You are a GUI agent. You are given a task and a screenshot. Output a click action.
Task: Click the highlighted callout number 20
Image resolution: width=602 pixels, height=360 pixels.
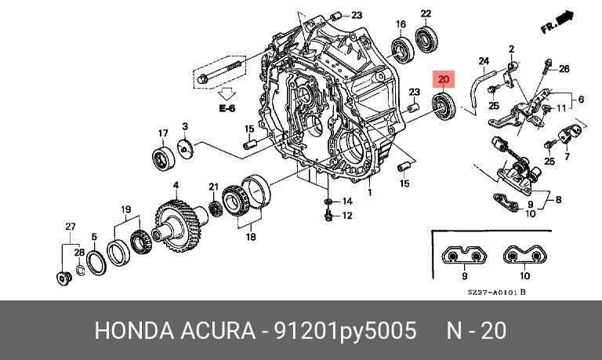pyautogui.click(x=444, y=78)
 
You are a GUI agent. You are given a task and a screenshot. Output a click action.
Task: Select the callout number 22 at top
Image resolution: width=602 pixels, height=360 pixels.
pyautogui.click(x=426, y=13)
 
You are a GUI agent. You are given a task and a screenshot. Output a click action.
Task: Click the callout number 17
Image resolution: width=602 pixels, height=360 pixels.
pyautogui.click(x=164, y=133)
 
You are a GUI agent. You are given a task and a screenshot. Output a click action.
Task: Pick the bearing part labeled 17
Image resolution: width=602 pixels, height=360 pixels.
pyautogui.click(x=164, y=157)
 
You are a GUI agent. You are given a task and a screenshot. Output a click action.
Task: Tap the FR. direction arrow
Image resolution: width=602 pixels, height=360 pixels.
pyautogui.click(x=557, y=22)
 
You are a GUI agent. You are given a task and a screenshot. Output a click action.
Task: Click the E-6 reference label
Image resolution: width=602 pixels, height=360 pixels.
pyautogui.click(x=227, y=108)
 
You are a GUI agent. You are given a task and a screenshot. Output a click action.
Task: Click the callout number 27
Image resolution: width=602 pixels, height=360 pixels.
pyautogui.click(x=70, y=227)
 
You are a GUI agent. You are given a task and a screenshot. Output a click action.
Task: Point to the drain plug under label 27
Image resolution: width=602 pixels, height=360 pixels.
pyautogui.click(x=63, y=277)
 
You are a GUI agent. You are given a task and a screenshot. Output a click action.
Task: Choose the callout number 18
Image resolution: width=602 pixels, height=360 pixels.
pyautogui.click(x=251, y=236)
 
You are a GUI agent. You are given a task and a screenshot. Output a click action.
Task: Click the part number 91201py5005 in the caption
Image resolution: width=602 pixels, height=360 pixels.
pyautogui.click(x=343, y=331)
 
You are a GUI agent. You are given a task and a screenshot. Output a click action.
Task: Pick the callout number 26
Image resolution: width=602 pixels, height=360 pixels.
pyautogui.click(x=564, y=69)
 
